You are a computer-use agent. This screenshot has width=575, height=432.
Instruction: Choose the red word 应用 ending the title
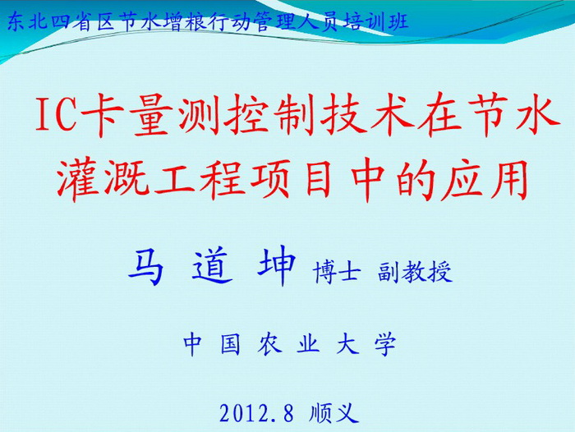click(485, 181)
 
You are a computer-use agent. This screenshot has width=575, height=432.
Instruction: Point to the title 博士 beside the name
click(337, 272)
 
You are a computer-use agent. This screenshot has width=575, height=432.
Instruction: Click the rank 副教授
click(415, 272)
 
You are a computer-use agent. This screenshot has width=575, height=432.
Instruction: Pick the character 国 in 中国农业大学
click(231, 344)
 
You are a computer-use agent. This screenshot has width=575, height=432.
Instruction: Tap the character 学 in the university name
click(385, 344)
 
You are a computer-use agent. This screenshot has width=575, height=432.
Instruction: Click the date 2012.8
click(256, 413)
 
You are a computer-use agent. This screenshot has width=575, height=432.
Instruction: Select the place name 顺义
click(333, 413)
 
